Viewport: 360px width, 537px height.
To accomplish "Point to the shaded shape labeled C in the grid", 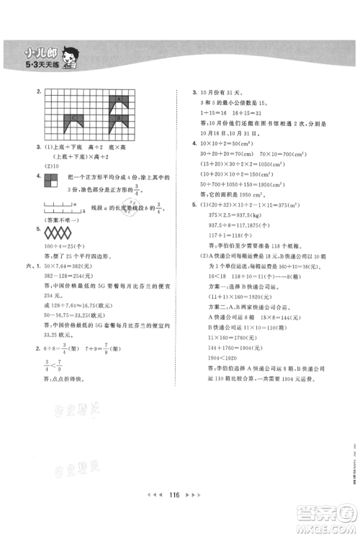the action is pyautogui.click(x=73, y=119).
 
